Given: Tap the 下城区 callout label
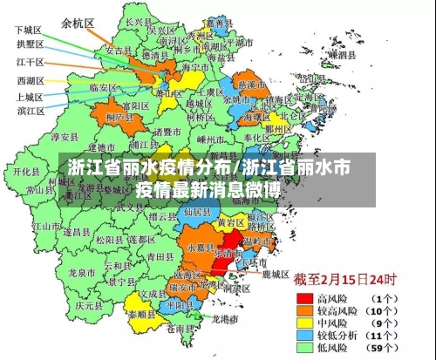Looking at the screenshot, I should [28, 29].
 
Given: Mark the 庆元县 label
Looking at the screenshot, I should [89, 306].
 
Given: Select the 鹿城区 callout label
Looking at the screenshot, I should [275, 274].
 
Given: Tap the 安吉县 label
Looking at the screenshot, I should [118, 51].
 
